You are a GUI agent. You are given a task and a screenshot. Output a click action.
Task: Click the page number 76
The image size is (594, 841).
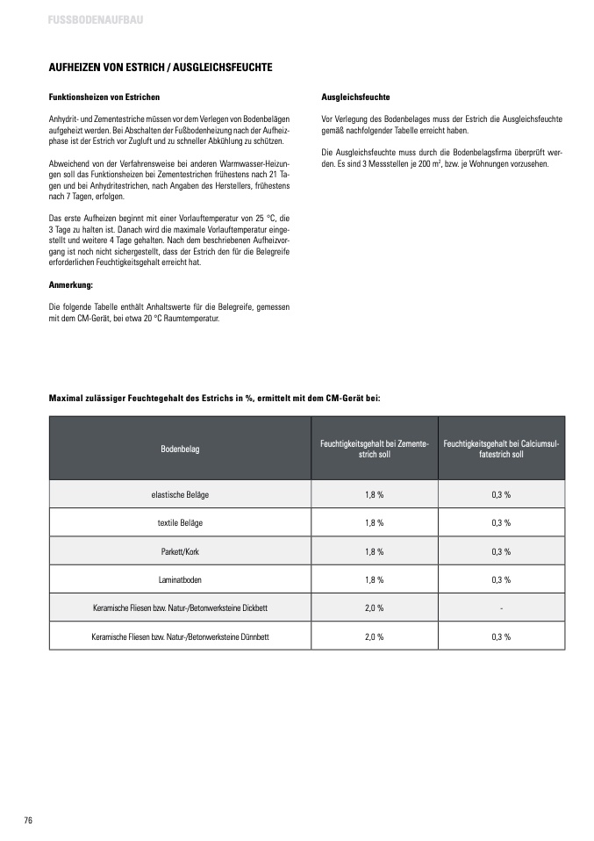[28, 820]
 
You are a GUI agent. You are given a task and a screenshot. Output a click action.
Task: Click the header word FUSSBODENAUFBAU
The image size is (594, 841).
[84, 18]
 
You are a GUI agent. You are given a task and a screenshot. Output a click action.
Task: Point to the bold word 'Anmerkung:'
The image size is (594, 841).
[70, 285]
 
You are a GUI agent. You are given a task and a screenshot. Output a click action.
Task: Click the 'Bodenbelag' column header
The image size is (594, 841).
[180, 449]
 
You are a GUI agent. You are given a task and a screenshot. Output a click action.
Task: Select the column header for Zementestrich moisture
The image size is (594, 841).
[375, 449]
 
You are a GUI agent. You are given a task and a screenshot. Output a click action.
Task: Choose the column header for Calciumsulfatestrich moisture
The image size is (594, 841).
[502, 449]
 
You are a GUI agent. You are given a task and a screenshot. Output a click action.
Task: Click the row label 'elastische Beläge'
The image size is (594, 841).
[180, 494]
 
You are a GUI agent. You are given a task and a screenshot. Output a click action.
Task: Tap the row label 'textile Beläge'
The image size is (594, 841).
[180, 522]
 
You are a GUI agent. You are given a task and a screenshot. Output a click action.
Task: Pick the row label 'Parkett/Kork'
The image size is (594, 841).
[180, 551]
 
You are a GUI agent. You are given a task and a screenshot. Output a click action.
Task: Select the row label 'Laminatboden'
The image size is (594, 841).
[180, 579]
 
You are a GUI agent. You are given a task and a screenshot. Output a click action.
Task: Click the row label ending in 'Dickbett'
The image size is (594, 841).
[180, 607]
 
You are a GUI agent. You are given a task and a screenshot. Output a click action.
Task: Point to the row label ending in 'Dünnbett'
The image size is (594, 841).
[180, 636]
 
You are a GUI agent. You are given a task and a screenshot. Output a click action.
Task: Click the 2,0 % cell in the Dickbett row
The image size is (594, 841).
[375, 607]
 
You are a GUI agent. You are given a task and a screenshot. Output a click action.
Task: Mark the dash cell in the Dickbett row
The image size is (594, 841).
[502, 607]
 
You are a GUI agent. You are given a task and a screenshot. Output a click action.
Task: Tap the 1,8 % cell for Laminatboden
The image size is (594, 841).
[375, 579]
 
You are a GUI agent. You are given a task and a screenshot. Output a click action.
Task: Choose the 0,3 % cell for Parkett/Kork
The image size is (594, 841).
[502, 551]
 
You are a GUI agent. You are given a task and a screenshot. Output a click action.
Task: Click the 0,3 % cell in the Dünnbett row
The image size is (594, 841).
[502, 636]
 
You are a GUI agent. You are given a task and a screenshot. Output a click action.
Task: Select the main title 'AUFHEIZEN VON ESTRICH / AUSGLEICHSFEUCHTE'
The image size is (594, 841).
[160, 67]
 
